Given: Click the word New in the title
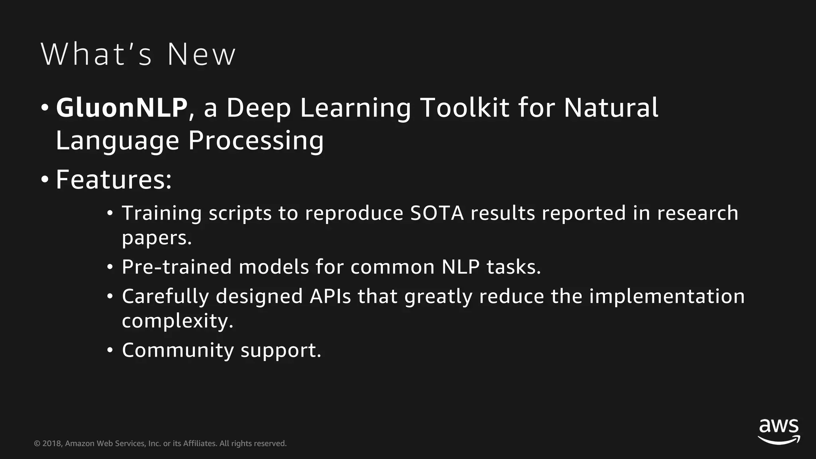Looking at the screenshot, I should click(x=201, y=55).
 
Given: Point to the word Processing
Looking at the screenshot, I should click(x=256, y=141).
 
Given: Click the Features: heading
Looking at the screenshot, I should click(x=114, y=180).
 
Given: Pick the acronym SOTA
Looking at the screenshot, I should click(x=437, y=213).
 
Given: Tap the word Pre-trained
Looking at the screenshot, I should click(x=177, y=267).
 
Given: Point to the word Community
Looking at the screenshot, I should click(x=178, y=350).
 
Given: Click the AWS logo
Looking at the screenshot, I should click(x=779, y=432).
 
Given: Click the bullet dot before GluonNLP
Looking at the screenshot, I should click(x=45, y=108).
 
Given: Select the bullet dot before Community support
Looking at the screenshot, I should click(x=110, y=351).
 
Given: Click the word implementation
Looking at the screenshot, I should click(x=667, y=296).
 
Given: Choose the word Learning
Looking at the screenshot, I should click(x=355, y=108).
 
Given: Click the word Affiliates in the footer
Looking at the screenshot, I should click(x=199, y=443).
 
